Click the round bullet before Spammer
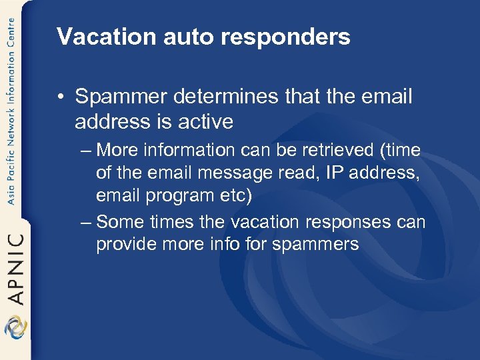61,97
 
